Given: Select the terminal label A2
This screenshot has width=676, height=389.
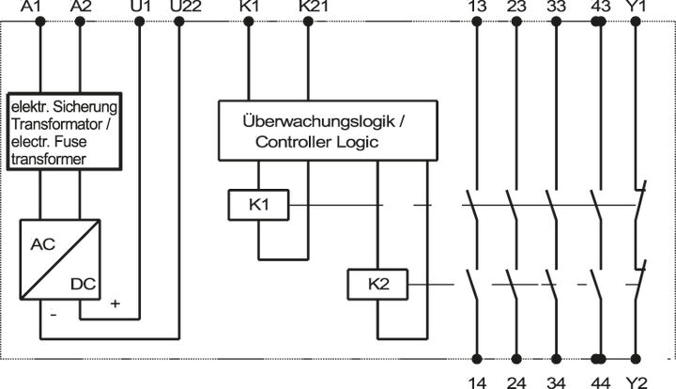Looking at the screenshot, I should click(82, 8).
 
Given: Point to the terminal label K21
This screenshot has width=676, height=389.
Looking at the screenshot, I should click(313, 8).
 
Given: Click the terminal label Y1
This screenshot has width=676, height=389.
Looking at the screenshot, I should click(638, 8).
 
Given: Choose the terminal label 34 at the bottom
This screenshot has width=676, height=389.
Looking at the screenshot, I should click(556, 381).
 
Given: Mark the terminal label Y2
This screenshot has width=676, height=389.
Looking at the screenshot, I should click(638, 381).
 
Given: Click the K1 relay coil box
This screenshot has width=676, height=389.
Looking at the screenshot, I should click(258, 205).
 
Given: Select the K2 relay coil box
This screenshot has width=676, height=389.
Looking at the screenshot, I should click(376, 285).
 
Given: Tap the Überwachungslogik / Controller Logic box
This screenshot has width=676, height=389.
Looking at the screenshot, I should click(325, 131).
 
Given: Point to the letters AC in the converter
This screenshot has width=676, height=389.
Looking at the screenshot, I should click(43, 243).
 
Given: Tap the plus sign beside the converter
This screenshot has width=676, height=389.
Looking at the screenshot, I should click(115, 303).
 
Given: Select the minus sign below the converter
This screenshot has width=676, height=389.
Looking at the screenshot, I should click(54, 316).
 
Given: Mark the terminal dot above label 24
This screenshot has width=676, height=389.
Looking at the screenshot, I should click(515, 359).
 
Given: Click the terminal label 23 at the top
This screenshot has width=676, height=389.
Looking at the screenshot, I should click(515, 8).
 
